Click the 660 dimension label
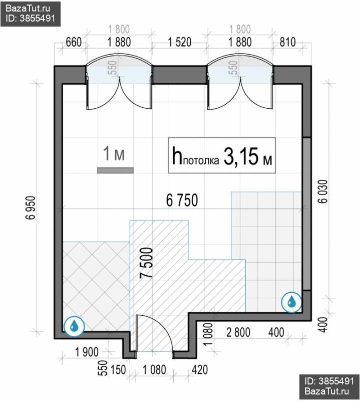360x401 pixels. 74,42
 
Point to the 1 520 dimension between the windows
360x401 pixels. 180,42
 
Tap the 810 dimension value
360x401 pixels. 288,42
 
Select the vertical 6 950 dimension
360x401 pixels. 30,208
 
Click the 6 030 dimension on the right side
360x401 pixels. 322,191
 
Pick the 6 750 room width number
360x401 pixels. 182,200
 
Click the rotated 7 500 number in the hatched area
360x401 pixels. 147,263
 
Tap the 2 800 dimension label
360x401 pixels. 238,332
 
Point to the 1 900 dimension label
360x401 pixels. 87,352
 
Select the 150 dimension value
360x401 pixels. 118,370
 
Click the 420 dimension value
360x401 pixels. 200,370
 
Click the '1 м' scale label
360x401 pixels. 114,154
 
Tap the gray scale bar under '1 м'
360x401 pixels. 115,170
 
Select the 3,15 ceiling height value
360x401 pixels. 241,156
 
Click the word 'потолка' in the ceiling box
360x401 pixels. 201,160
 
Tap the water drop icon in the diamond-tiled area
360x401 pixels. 74,326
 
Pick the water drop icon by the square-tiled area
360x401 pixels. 291,302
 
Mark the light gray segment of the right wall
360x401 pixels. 306,214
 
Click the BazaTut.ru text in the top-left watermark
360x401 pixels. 28,9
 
